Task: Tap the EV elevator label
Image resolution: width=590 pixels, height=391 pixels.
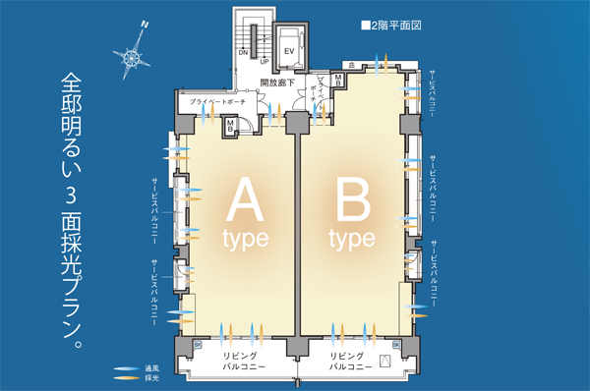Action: pyautogui.click(x=288, y=49)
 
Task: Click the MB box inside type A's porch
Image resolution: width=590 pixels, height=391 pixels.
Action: pyautogui.click(x=229, y=125)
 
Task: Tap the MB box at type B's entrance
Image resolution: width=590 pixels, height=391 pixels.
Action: pyautogui.click(x=338, y=80)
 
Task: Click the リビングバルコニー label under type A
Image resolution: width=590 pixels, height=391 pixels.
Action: pyautogui.click(x=240, y=360)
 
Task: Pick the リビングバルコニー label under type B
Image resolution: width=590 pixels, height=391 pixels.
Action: pyautogui.click(x=351, y=360)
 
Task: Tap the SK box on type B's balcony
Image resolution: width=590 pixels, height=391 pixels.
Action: pyautogui.click(x=395, y=345)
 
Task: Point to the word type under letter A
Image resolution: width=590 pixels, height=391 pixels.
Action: pyautogui.click(x=242, y=239)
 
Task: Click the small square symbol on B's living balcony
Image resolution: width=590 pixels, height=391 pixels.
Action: pyautogui.click(x=385, y=361)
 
